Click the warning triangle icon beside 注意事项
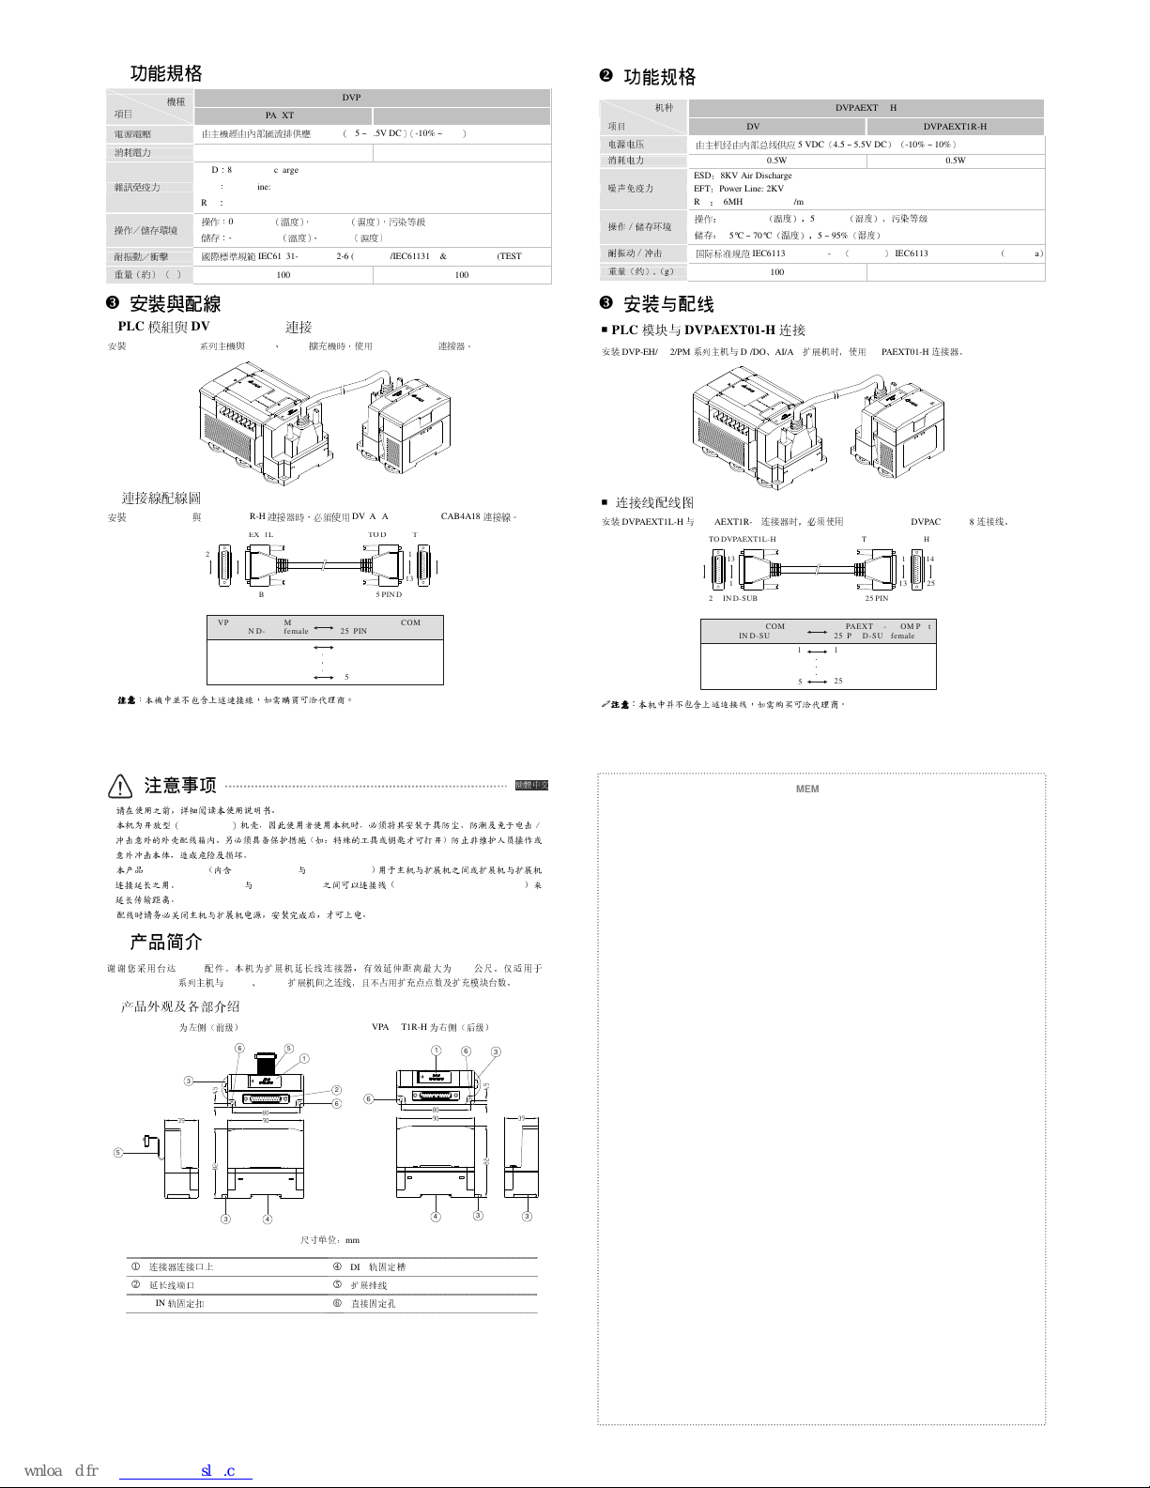click(120, 786)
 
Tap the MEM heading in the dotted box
click(807, 790)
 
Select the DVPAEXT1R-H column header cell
click(955, 127)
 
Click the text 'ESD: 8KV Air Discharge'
click(742, 176)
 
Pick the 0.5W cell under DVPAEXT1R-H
click(955, 161)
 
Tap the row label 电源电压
click(625, 145)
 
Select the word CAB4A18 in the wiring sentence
click(460, 516)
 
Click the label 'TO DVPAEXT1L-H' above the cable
click(742, 540)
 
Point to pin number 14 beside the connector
click(930, 560)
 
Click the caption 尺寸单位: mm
click(330, 1240)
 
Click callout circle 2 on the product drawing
click(336, 1090)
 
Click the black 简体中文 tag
click(531, 785)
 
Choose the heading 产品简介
click(165, 942)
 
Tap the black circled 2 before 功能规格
click(606, 75)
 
